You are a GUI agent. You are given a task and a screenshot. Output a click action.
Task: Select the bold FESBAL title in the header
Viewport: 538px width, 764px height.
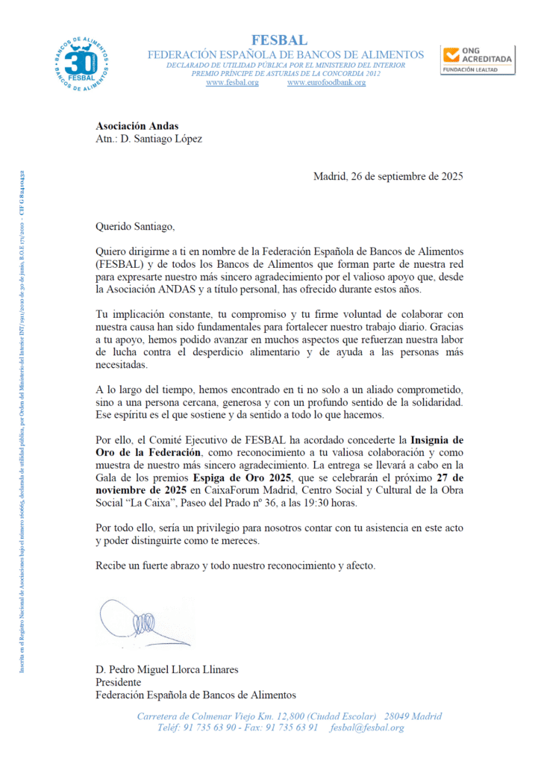(279, 40)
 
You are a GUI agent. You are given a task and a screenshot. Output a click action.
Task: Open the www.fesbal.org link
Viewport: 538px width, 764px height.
(232, 83)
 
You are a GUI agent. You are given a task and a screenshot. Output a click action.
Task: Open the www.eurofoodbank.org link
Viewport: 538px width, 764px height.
(326, 83)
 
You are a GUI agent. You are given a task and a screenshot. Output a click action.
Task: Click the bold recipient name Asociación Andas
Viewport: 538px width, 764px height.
(137, 125)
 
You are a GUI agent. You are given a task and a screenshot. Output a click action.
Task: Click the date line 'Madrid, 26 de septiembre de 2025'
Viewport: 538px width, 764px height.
(388, 177)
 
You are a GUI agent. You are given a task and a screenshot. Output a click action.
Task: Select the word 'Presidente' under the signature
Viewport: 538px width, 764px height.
(119, 682)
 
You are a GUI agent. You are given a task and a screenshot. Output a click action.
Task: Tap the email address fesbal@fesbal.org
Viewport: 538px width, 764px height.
(367, 728)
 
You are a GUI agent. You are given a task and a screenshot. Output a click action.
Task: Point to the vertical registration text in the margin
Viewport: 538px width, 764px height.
(22, 422)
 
